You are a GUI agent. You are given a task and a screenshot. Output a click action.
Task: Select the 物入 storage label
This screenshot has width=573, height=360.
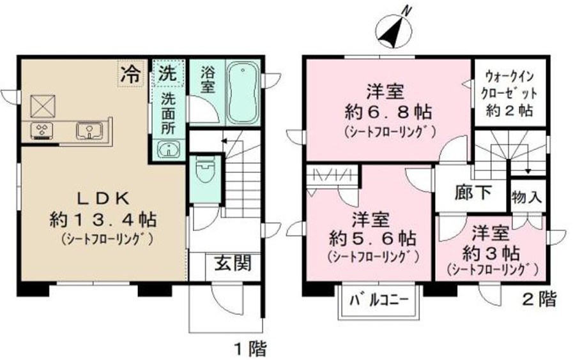527,197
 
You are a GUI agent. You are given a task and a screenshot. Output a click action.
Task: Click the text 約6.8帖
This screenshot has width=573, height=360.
388,113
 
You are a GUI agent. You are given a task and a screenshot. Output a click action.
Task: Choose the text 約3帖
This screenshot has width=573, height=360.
491,250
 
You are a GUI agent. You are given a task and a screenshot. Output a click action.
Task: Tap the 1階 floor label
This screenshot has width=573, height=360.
248,349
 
